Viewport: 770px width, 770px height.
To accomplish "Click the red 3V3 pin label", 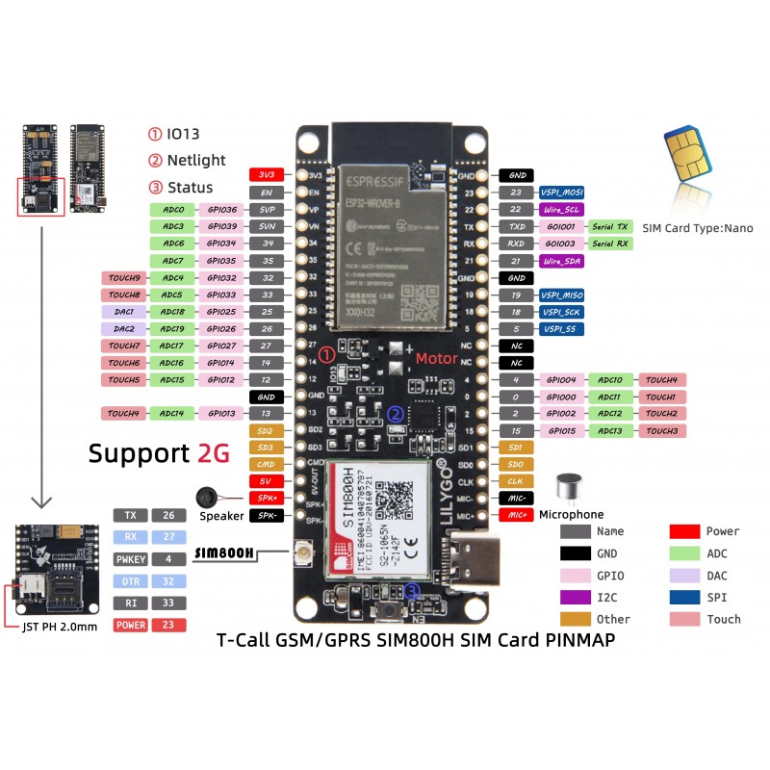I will coord(265,175).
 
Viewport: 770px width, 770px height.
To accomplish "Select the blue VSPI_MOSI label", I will coord(561,192).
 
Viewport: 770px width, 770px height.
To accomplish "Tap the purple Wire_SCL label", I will coord(561,210).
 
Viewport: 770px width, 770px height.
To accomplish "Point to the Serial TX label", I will coord(609,226).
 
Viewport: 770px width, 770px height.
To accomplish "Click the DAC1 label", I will coord(122,312).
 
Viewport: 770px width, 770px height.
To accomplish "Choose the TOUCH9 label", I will coord(124,278).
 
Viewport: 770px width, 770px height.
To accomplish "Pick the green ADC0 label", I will coord(173,209).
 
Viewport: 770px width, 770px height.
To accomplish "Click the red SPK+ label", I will coord(265,498).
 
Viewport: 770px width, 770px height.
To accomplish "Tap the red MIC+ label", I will coord(516,515).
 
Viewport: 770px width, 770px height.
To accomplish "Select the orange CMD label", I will coord(265,463).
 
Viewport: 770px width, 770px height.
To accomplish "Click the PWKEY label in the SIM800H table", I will coord(131,558).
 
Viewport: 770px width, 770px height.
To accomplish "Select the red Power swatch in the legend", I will coord(684,531).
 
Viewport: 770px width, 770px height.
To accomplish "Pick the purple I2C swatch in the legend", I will coord(576,598).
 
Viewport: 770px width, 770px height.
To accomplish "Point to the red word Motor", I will coord(437,358).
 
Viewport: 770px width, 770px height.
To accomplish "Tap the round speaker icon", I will coord(205,497).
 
